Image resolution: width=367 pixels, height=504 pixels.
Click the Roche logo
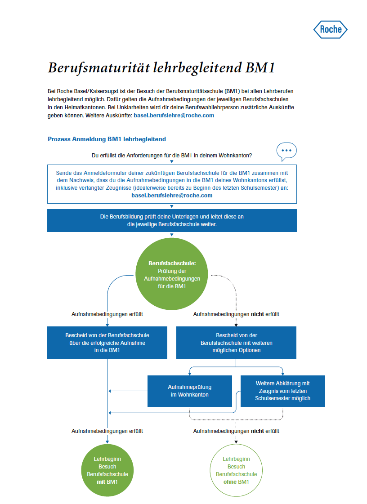click(330, 30)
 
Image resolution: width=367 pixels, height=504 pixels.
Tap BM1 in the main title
click(260, 68)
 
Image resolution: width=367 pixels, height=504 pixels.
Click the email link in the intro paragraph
click(174, 116)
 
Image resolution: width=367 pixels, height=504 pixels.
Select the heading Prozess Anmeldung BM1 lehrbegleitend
click(107, 139)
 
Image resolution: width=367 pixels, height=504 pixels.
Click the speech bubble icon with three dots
click(286, 151)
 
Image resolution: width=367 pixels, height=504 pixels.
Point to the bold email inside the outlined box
click(172, 196)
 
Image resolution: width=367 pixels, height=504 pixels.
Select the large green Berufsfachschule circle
click(172, 274)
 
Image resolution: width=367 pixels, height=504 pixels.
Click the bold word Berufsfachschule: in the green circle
click(172, 263)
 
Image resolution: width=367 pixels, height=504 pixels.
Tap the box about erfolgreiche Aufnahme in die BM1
click(107, 343)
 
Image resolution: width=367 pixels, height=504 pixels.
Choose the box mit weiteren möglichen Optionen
click(236, 343)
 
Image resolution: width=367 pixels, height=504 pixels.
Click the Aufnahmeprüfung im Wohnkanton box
click(190, 391)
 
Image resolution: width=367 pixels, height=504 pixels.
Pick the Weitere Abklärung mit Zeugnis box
click(282, 391)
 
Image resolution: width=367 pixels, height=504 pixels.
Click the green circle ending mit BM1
click(107, 470)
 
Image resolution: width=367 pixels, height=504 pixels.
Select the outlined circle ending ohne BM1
click(236, 470)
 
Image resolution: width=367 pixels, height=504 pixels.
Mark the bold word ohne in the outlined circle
click(230, 482)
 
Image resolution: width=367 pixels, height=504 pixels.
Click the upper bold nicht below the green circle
click(258, 314)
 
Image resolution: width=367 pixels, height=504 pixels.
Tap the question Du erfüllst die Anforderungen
click(171, 156)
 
